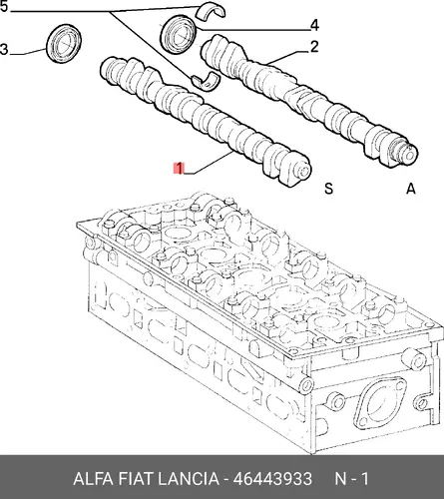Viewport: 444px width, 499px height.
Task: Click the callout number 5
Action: (3, 6)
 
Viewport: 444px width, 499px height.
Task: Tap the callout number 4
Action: (314, 26)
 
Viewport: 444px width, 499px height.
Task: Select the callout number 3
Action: (4, 50)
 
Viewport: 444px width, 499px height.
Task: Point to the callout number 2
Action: (314, 47)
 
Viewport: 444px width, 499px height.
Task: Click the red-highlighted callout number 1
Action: (179, 169)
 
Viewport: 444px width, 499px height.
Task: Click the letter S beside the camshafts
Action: (328, 189)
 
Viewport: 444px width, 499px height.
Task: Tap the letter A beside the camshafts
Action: (411, 189)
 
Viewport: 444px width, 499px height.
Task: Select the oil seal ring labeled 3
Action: (64, 44)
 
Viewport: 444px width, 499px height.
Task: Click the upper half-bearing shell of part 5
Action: (211, 10)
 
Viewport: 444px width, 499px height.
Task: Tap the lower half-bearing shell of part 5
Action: (205, 81)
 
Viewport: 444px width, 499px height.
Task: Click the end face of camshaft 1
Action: (302, 172)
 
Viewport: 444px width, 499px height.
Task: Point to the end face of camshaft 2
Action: (410, 154)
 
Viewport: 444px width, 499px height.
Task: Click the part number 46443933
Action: (272, 479)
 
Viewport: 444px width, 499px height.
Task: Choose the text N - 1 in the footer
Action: (351, 479)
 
